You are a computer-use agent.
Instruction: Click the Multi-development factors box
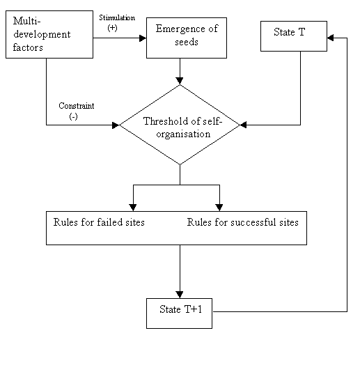[49, 34]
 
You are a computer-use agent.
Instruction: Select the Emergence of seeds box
[187, 38]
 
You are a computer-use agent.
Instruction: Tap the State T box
[294, 36]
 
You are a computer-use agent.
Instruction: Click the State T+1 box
[179, 313]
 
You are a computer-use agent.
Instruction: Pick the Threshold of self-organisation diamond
[180, 125]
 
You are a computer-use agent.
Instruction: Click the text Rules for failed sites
[99, 222]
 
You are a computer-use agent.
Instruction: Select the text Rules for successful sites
[242, 222]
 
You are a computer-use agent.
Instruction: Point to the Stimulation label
[117, 18]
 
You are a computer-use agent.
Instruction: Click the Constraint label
[77, 106]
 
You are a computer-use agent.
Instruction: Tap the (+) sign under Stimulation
[112, 28]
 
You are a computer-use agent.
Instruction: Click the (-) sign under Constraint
[73, 116]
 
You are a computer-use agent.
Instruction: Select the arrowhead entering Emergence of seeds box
[143, 38]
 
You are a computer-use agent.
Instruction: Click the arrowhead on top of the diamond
[180, 81]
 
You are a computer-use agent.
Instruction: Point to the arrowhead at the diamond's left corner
[116, 125]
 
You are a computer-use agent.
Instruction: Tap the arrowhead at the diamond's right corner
[244, 125]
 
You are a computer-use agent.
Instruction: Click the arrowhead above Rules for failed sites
[133, 208]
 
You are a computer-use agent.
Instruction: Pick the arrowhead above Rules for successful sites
[219, 208]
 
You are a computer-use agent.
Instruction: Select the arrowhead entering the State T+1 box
[180, 295]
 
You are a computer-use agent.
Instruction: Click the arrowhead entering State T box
[330, 38]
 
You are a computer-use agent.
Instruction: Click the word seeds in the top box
[187, 42]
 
